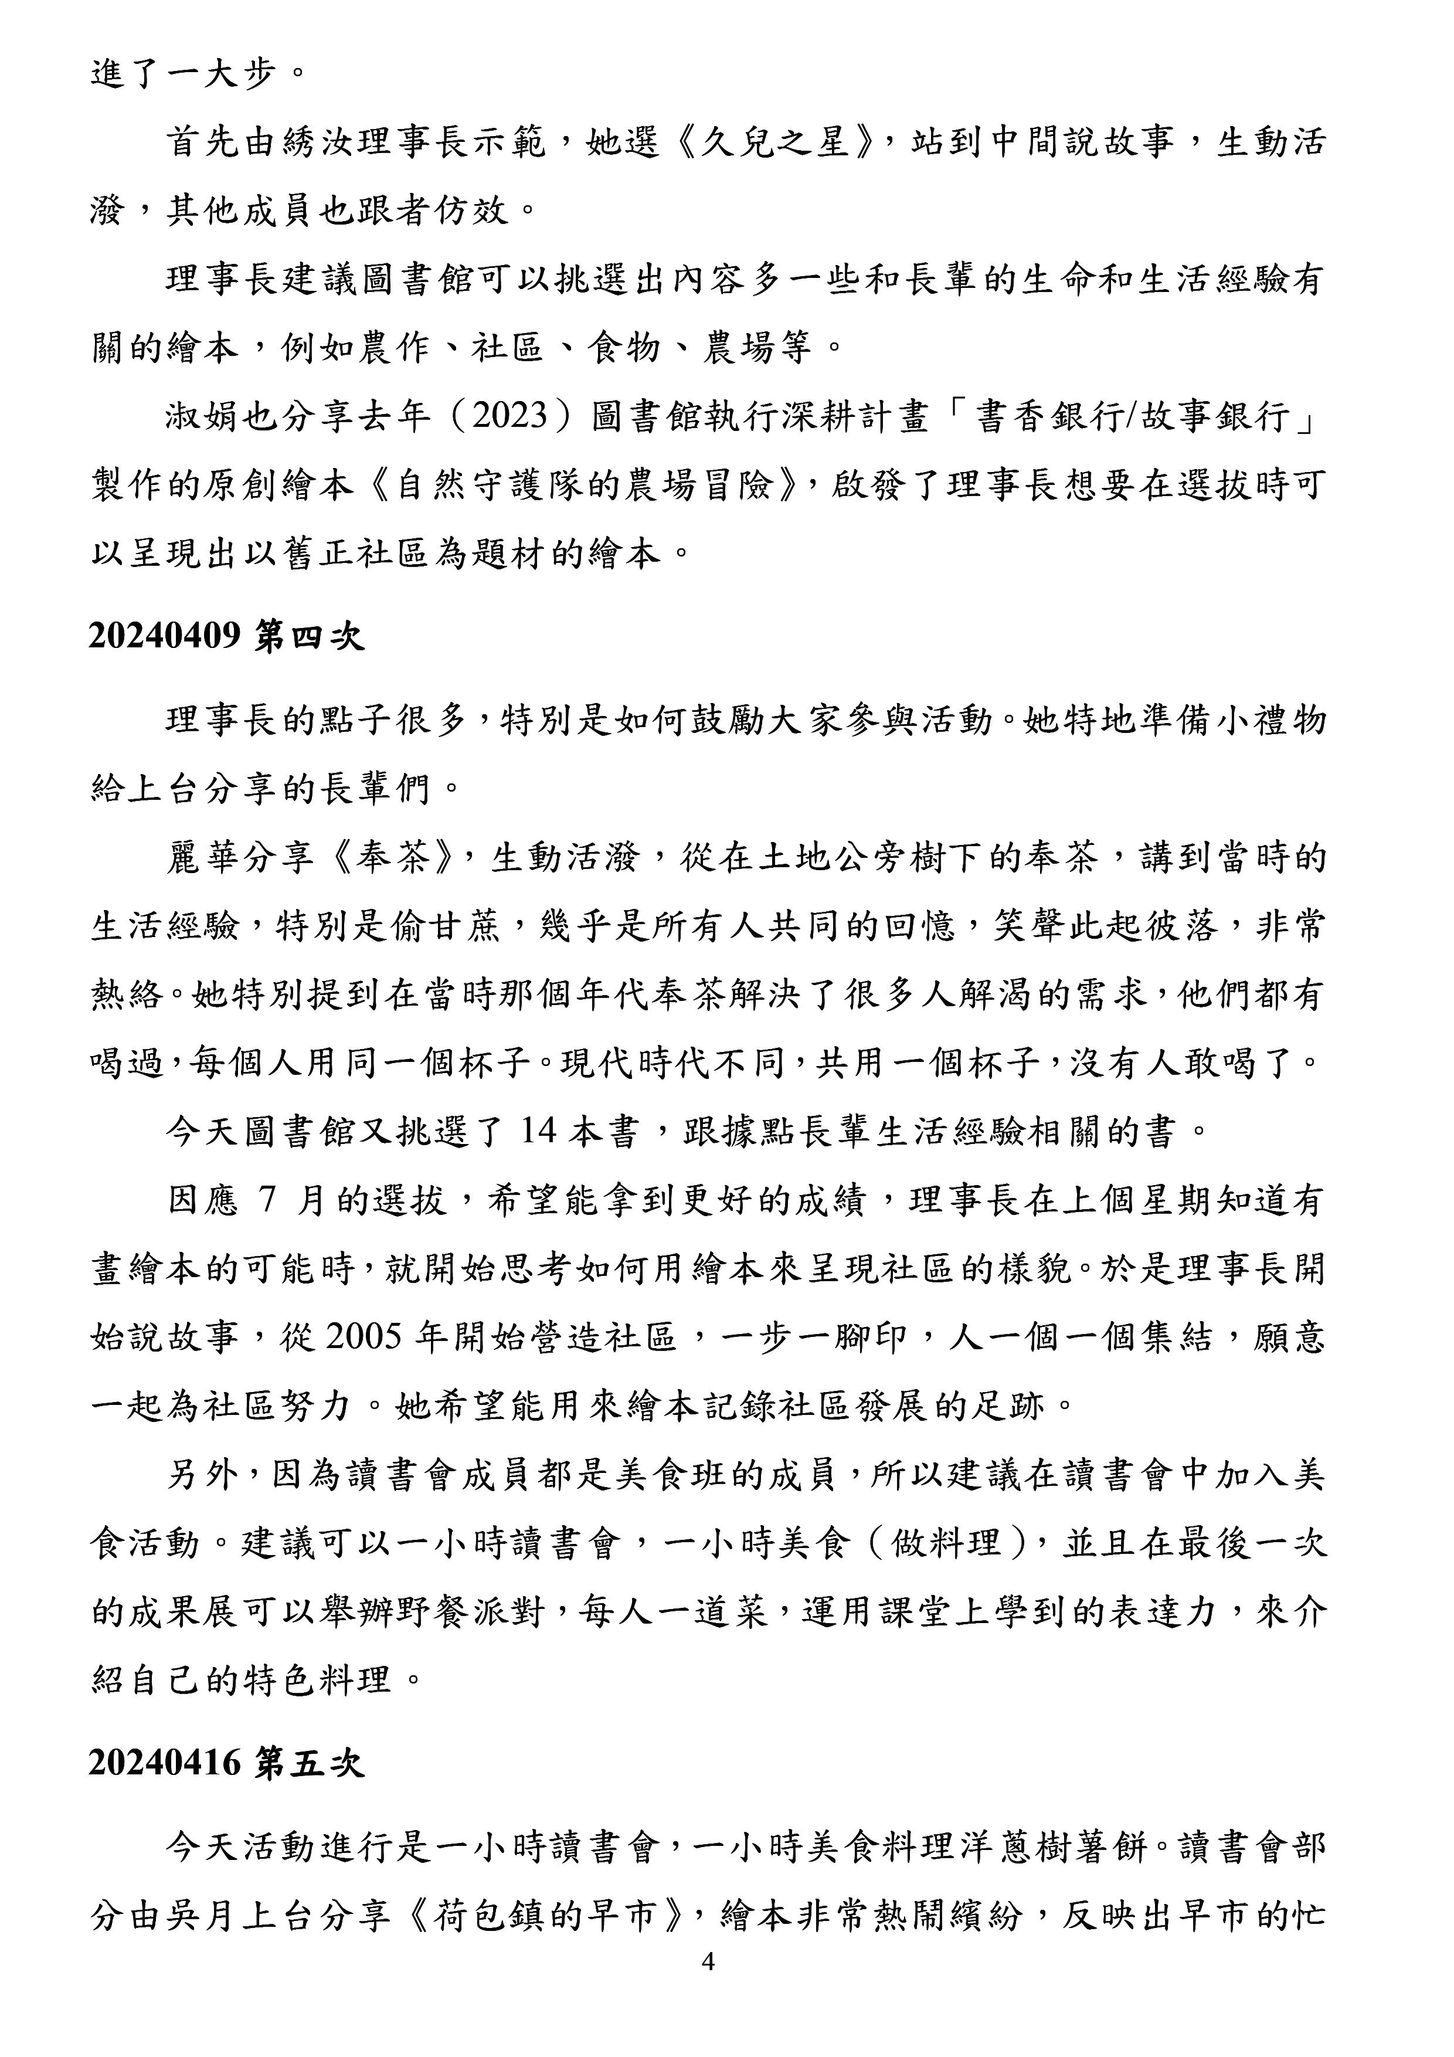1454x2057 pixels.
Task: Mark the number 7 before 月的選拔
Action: (266, 1200)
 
